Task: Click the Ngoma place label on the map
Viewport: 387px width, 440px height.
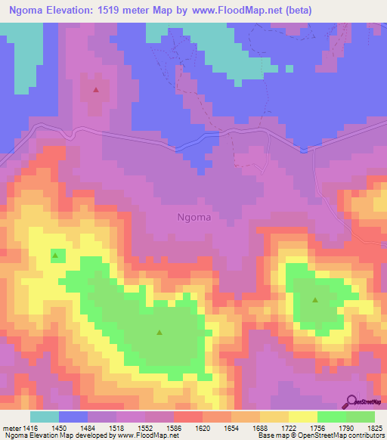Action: [x=193, y=217]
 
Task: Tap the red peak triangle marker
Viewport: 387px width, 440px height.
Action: [x=96, y=90]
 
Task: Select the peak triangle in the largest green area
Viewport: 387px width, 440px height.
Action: [x=159, y=332]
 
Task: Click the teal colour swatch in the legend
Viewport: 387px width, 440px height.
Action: [x=45, y=417]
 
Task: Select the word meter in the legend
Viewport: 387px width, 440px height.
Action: [x=13, y=427]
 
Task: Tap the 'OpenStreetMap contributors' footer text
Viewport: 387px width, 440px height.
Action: [x=345, y=436]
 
